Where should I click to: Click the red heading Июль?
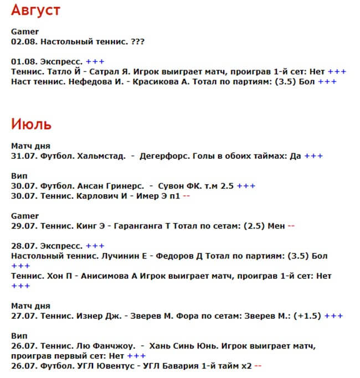point(31,123)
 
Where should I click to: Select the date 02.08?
point(24,42)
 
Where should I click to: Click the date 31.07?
point(24,156)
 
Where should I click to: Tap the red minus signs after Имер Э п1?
point(186,196)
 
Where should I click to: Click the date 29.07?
point(24,226)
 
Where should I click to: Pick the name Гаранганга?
point(142,226)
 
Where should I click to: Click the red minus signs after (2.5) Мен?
point(291,226)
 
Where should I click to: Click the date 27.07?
point(24,316)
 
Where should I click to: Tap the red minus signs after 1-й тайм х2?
point(258,366)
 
